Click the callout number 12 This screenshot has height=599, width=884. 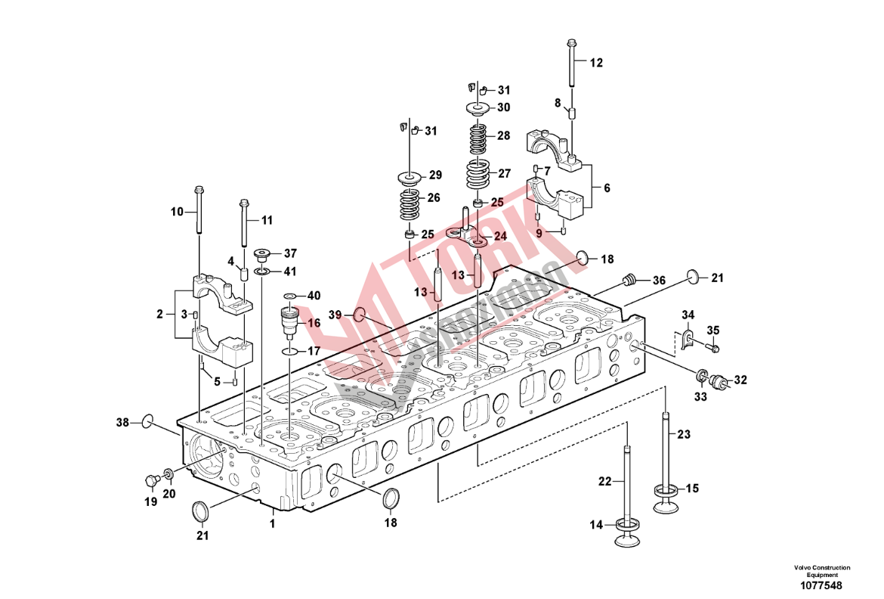pos(597,63)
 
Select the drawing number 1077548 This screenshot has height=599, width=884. pos(821,585)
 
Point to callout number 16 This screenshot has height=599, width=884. pos(314,323)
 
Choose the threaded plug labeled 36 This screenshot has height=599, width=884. pos(626,281)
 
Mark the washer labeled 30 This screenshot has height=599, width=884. pos(480,107)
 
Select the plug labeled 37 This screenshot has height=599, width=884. pos(264,253)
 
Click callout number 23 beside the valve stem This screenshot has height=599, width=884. pos(684,434)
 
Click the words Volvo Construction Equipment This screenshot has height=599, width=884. pos(821,571)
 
